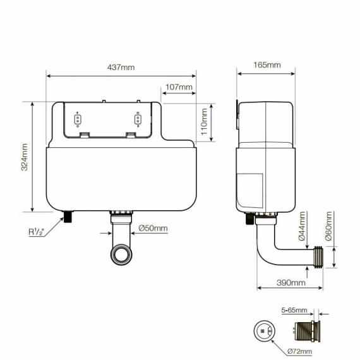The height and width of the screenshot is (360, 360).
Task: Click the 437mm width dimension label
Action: click(x=121, y=68)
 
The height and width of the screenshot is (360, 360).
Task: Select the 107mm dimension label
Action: click(x=179, y=87)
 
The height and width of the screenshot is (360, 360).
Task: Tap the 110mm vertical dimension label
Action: click(x=204, y=123)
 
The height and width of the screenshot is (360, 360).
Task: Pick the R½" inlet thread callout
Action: click(x=37, y=232)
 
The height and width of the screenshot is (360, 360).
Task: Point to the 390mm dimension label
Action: click(x=282, y=282)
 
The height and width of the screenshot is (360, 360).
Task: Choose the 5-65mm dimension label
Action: click(x=293, y=311)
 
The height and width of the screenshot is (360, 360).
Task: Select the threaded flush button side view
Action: click(x=305, y=330)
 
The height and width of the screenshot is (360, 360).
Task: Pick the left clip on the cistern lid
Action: click(x=78, y=121)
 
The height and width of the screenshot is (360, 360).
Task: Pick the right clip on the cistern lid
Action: click(x=137, y=121)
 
